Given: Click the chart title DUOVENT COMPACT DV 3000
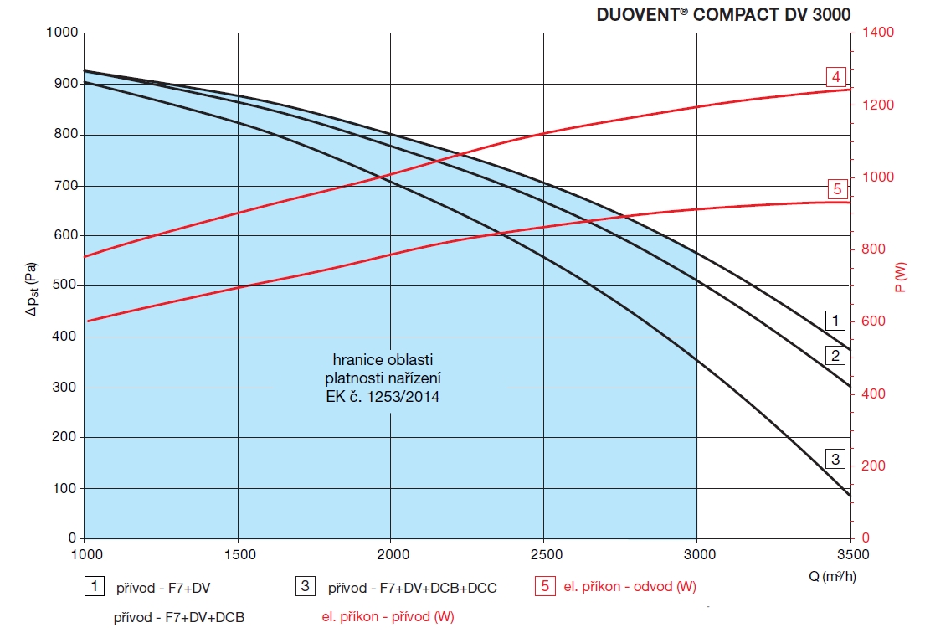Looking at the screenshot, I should (x=723, y=14).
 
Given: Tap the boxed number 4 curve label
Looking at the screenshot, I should (x=835, y=78).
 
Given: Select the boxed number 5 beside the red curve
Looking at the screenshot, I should (x=836, y=188).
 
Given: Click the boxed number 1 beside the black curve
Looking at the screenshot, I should (x=835, y=319).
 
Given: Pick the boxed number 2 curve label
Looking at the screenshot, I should (x=835, y=356).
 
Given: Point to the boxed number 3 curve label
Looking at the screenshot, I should (x=835, y=459).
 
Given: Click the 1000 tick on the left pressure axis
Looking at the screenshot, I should (x=63, y=33).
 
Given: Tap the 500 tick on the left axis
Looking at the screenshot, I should (x=66, y=286).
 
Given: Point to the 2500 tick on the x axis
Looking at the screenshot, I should (x=544, y=553).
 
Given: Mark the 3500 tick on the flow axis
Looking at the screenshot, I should (x=850, y=553).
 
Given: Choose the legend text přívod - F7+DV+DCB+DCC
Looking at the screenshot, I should (x=412, y=588).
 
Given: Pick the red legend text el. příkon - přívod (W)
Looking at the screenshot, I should (x=388, y=618).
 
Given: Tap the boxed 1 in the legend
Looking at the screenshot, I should (x=95, y=586).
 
